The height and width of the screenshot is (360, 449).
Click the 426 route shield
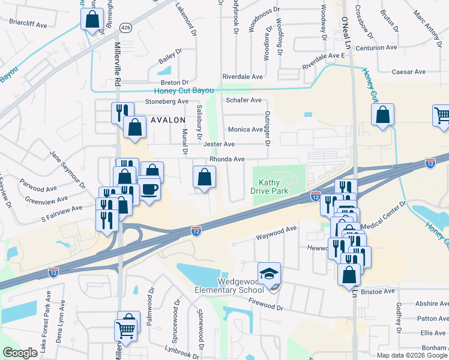coord(125,28)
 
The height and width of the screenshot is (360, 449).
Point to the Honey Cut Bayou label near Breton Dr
coord(184,91)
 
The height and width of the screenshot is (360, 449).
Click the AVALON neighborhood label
coord(167,120)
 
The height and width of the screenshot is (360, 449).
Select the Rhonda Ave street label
coord(226,159)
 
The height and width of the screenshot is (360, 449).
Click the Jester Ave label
coord(219,145)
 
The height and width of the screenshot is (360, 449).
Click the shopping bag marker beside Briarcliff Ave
coord(92,20)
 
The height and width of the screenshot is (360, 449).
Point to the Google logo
coord(20,353)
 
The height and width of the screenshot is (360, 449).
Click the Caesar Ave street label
coord(408,72)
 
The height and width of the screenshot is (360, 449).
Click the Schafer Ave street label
coord(243,100)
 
